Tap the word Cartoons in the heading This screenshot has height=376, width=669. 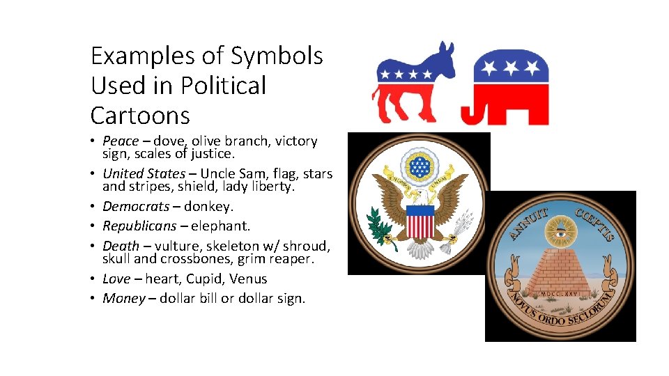[140, 115]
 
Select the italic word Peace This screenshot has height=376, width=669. [121, 141]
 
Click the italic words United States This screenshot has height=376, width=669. [144, 173]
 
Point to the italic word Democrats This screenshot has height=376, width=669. [136, 206]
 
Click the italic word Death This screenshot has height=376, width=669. [121, 246]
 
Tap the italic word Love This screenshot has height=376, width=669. [116, 279]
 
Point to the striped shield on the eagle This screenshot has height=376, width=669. [420, 224]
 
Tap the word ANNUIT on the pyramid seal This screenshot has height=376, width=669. [529, 222]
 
